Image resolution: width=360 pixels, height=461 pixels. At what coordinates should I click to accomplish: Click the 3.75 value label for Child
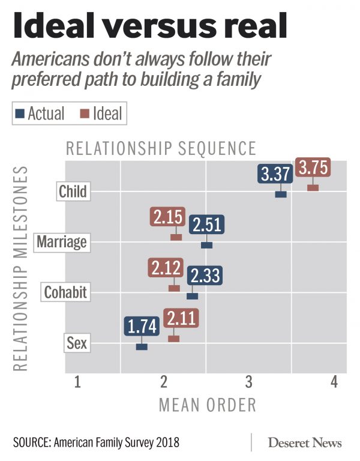[x=313, y=168]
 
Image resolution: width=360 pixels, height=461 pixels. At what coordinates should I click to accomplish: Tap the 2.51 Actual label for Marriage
[x=206, y=225]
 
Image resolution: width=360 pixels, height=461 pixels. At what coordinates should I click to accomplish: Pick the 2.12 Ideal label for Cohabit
[x=165, y=268]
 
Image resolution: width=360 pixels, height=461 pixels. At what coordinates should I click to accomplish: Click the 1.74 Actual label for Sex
[x=142, y=327]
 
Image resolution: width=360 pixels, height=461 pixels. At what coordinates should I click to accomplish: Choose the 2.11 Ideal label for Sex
[x=181, y=318]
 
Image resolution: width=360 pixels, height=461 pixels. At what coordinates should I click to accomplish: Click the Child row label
[x=73, y=192]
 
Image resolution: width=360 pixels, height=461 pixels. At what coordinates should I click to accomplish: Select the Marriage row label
[x=62, y=243]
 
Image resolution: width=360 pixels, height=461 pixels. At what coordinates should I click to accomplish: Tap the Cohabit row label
[x=66, y=293]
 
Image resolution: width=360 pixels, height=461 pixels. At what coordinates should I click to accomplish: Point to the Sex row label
[x=77, y=344]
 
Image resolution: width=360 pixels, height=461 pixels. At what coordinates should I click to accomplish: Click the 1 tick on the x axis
[x=77, y=381]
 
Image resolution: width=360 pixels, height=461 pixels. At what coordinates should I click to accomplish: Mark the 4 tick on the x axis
[x=334, y=381]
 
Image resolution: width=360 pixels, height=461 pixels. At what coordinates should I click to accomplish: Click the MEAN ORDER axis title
[x=208, y=405]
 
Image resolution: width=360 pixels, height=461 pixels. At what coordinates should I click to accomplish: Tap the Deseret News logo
[x=305, y=443]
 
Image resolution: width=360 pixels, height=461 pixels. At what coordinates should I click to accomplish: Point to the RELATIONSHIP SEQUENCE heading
[x=161, y=148]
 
